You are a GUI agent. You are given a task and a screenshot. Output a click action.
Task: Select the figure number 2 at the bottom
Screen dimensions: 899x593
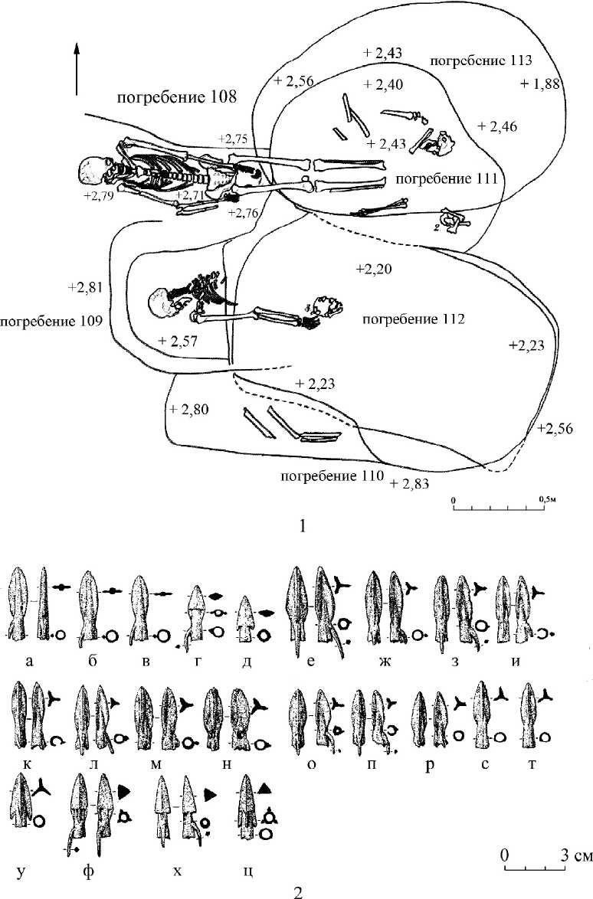[x=298, y=891]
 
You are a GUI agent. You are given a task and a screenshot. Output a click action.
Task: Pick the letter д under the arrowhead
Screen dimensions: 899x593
[x=245, y=659]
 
